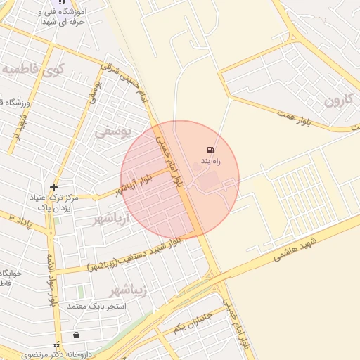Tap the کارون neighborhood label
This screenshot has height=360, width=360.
coord(341,99)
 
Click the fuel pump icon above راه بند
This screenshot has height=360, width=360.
coord(210,150)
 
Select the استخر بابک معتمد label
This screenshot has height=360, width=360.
coord(97,307)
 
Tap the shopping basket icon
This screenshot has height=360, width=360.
coord(75,334)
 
